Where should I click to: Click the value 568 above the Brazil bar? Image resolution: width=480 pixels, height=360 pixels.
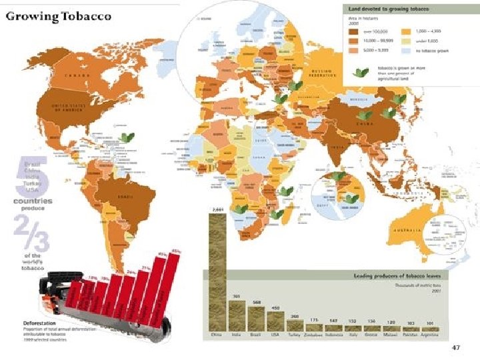256,302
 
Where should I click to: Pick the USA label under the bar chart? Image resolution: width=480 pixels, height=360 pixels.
275,335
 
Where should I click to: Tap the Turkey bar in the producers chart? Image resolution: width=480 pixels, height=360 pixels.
295,325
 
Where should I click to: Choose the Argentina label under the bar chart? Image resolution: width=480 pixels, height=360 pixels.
430,335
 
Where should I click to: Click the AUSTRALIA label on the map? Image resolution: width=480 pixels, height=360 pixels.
408,230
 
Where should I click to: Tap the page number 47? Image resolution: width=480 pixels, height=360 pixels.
456,347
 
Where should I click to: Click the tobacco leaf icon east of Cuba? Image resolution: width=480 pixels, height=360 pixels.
126,137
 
